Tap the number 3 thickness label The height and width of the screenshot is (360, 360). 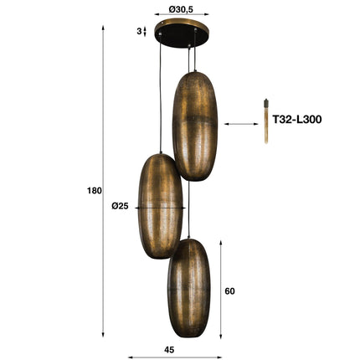pyautogui.click(x=139, y=31)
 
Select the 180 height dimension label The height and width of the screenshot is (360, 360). pyautogui.click(x=93, y=191)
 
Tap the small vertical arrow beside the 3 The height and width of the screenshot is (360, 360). pyautogui.click(x=146, y=31)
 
